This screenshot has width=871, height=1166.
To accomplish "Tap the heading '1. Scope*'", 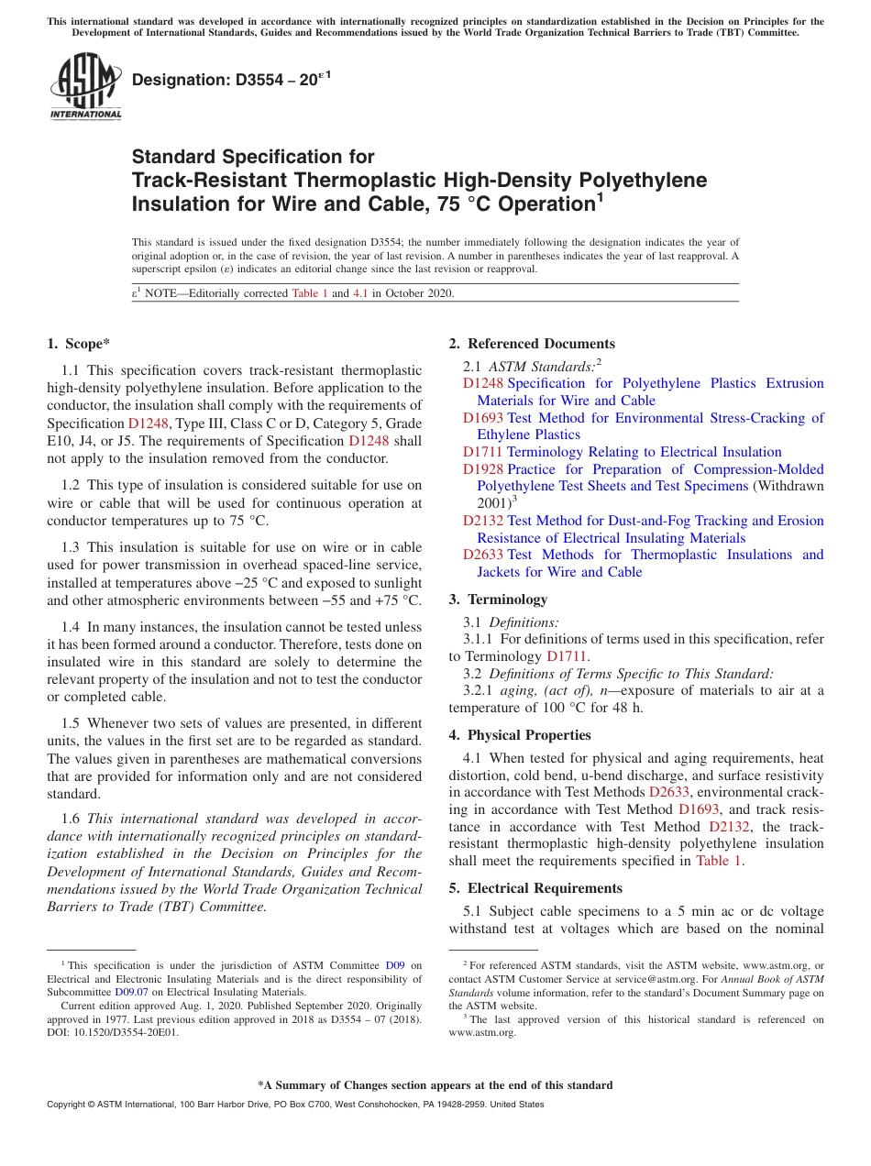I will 78,344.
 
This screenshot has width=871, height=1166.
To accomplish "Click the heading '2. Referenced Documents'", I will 532,344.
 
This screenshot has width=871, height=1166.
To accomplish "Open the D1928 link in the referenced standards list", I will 482,469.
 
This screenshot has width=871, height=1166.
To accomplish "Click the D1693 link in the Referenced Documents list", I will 482,418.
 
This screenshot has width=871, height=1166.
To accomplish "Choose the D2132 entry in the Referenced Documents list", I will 482,521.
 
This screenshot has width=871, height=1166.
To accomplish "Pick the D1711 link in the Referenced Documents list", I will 482,452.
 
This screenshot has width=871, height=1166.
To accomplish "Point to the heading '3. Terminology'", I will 498,599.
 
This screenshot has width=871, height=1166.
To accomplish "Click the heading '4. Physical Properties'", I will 520,735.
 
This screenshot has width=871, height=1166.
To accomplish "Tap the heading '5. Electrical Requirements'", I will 535,888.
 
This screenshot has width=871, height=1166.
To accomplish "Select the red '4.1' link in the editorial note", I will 361,294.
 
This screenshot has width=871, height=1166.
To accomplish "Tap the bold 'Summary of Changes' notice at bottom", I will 435,1085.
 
